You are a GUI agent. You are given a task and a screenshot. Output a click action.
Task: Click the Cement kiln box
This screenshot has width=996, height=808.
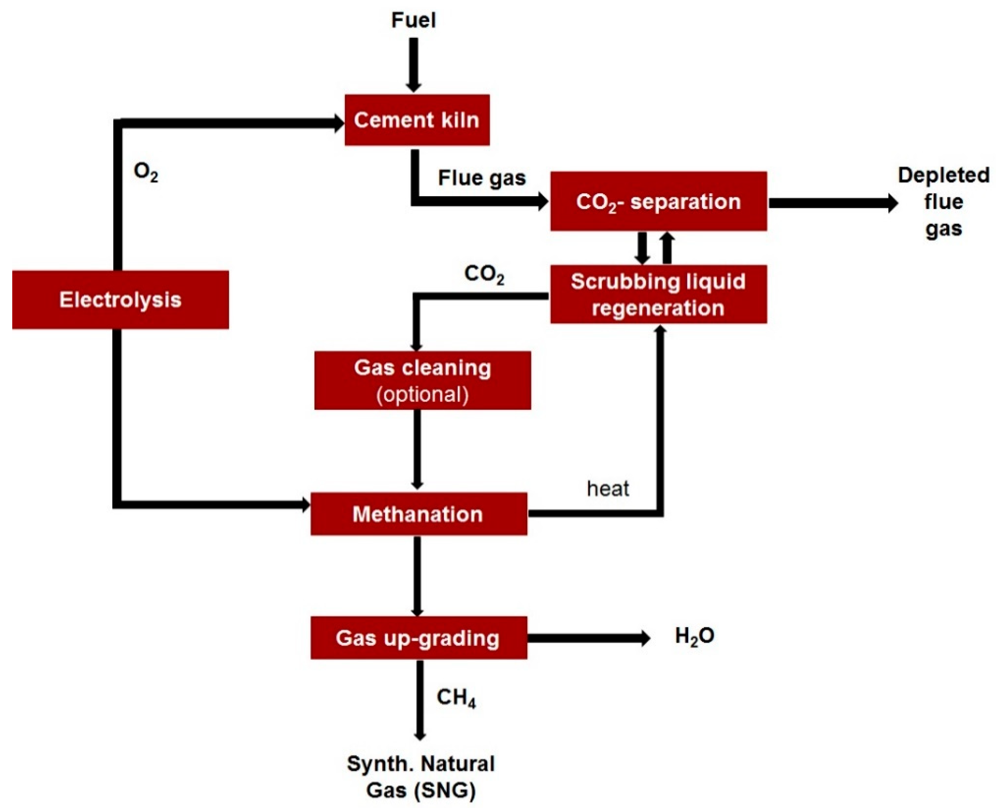pos(416,120)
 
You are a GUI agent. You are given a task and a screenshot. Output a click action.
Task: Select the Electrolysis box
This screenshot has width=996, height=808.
pos(120,299)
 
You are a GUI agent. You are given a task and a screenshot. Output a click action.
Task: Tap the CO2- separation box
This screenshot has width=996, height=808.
pos(658,201)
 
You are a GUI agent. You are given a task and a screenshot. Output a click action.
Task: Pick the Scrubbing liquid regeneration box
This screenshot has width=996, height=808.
pos(658,294)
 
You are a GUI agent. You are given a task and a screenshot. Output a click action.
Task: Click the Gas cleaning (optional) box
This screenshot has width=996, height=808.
pos(422,380)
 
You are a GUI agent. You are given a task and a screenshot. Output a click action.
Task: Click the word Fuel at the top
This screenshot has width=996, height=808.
pos(413,21)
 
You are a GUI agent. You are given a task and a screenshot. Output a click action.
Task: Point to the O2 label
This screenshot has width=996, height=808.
pos(146,172)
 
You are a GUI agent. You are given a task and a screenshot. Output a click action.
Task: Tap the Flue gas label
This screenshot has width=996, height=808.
pos(481,178)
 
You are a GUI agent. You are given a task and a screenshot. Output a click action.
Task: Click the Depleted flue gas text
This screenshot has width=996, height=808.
pos(943,202)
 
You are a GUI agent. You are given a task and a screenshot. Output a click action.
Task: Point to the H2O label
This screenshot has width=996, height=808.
pos(694,636)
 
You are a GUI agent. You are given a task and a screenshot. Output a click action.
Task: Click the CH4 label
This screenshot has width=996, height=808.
pos(456,698)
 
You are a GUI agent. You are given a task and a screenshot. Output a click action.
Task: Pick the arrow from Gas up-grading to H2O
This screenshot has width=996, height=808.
pos(588,638)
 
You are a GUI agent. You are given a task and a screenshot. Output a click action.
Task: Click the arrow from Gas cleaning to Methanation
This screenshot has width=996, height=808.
pos(417,449)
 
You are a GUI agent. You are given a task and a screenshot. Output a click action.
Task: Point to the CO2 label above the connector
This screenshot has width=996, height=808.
pos(484,275)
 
